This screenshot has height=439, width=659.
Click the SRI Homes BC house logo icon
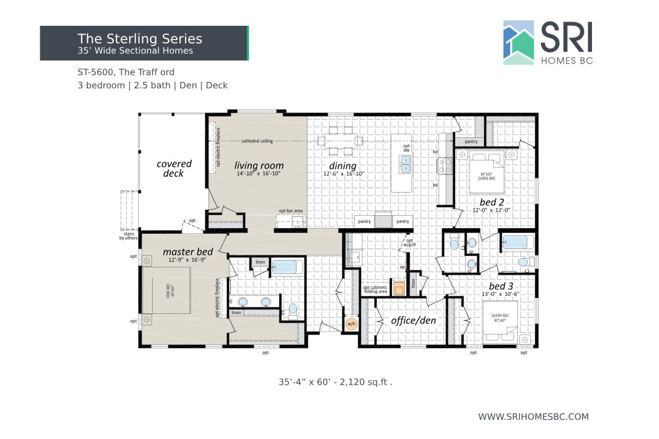pos(518,43)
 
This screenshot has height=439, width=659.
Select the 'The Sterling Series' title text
pos(139,39)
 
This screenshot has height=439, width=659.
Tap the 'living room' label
pos(259,165)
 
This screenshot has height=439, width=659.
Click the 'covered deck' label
pos(174,168)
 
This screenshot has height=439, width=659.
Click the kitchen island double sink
pos(406,164)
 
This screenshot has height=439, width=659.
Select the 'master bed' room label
pos(187,252)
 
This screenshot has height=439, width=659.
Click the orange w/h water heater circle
pos(351,324)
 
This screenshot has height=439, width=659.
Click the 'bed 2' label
pos(492,202)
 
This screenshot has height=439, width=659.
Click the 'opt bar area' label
pos(291,211)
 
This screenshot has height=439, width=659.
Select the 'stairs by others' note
pos(129,235)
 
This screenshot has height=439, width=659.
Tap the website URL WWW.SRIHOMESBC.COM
pos(533,417)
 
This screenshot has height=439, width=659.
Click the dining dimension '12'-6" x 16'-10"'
pos(343,174)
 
